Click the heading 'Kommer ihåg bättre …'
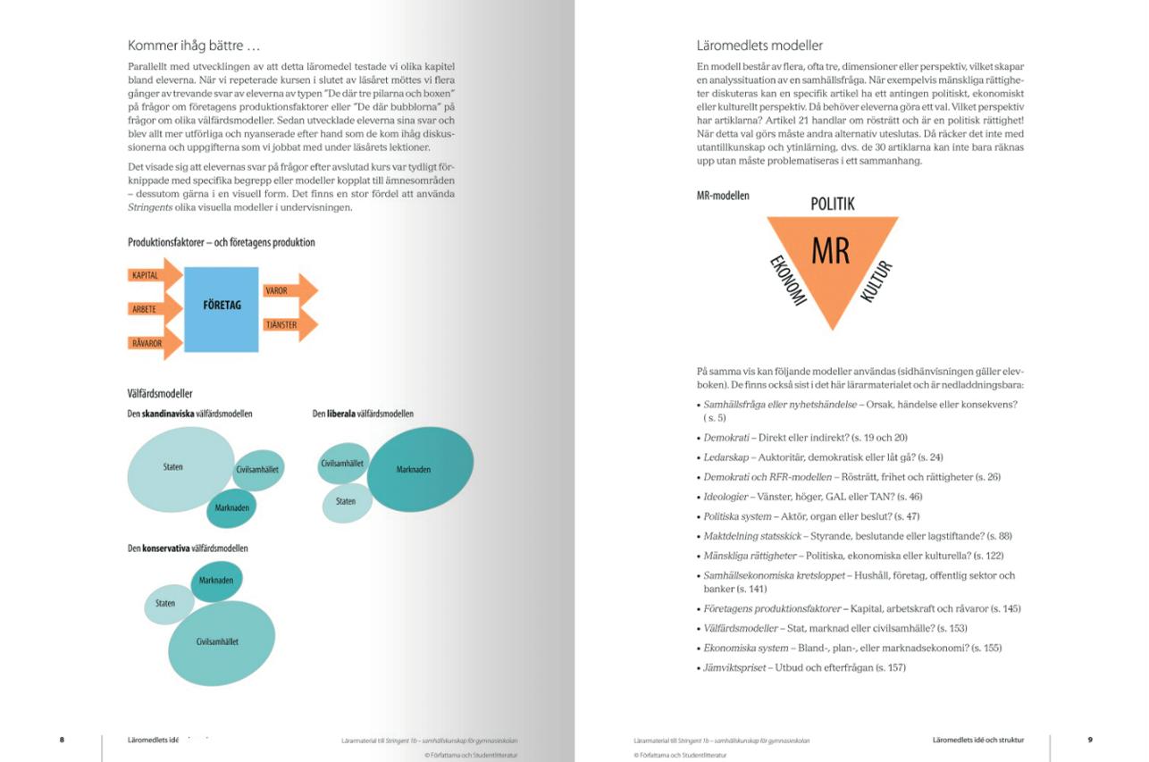194,46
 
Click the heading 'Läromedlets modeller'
759,46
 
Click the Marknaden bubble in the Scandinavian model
231,508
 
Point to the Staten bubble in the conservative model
167,604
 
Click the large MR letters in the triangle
830,252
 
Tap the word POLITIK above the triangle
832,204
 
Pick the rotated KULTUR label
876,281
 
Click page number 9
1090,740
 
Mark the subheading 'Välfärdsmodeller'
161,393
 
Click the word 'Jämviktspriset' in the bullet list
734,668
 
